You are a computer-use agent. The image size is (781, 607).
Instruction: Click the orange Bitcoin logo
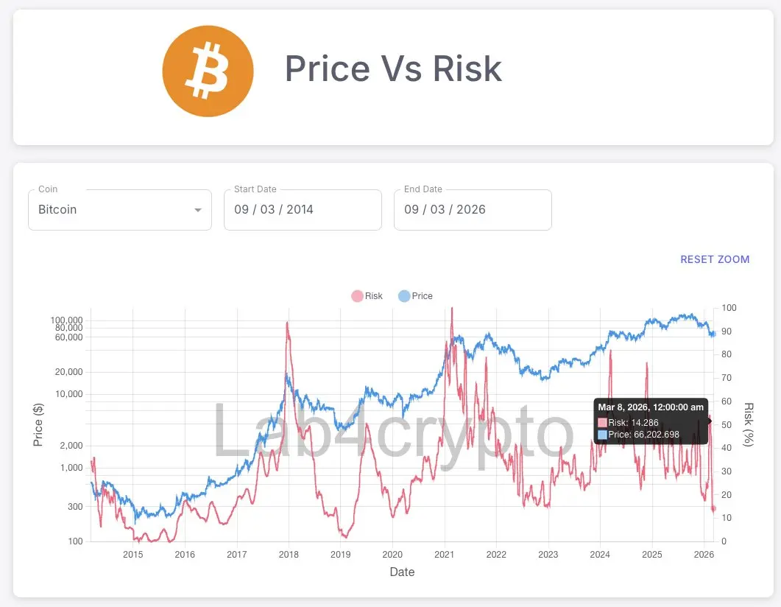click(208, 71)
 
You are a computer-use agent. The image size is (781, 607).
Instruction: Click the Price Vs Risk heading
click(393, 69)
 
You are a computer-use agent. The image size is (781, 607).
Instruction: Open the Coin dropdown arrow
click(197, 210)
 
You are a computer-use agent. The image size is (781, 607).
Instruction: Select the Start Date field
click(303, 210)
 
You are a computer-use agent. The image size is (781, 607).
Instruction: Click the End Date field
click(473, 210)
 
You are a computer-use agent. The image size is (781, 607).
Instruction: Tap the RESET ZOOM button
click(715, 259)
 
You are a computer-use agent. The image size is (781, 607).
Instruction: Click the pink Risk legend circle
click(357, 296)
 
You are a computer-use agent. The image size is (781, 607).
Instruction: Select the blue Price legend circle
click(404, 296)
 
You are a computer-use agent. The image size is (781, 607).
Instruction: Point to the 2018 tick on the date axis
click(289, 554)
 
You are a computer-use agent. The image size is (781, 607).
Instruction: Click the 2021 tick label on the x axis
click(444, 554)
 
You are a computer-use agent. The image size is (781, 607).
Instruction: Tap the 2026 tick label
click(704, 554)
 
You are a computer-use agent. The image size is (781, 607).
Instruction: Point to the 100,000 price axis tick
click(66, 320)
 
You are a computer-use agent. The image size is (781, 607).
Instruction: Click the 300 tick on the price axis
click(74, 506)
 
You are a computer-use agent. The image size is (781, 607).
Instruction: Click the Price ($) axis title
click(39, 425)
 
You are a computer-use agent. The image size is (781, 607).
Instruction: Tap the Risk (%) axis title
click(749, 425)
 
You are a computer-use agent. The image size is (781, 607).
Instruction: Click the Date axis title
click(402, 572)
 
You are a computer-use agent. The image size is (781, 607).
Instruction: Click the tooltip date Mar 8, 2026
click(650, 407)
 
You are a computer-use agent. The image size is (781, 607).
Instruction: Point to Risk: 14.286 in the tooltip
click(633, 423)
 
